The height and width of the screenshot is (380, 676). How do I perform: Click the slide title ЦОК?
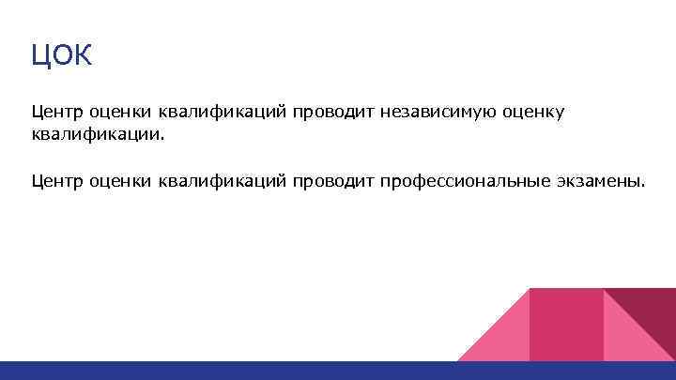[x=62, y=56]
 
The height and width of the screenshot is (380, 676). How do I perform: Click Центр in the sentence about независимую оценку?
[x=56, y=113]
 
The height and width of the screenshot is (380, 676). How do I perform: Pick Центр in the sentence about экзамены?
[x=56, y=180]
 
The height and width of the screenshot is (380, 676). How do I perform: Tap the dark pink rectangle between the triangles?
[x=566, y=324]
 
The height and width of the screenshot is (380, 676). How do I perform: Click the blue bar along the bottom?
[x=338, y=371]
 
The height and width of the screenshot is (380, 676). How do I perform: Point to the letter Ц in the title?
[x=40, y=56]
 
